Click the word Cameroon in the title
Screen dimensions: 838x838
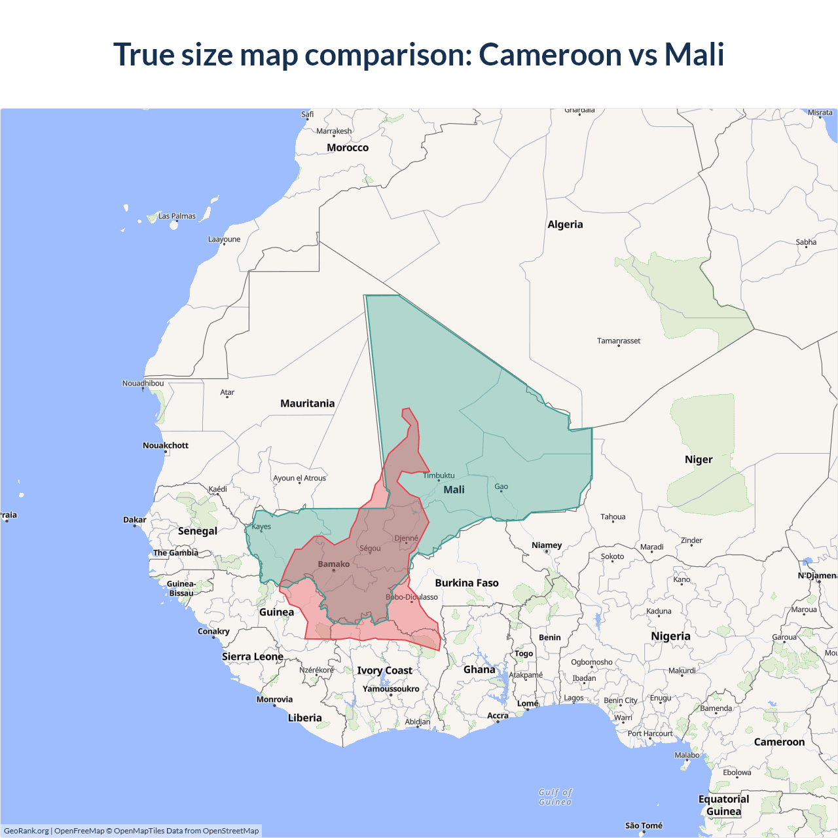[x=550, y=54]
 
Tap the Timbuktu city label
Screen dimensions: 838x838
[x=439, y=475]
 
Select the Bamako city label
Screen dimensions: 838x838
[x=333, y=564]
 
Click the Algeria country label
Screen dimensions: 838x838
[x=565, y=225]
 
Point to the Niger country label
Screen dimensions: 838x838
[x=699, y=460]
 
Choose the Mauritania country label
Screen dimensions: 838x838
[x=307, y=403]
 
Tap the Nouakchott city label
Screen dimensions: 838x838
[x=166, y=445]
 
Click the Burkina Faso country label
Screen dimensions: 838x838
[x=467, y=583]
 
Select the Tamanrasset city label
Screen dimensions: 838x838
[x=619, y=340]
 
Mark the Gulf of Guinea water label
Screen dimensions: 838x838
[x=555, y=797]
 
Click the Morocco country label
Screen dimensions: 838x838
[x=348, y=148]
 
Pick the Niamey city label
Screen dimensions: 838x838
[x=547, y=545]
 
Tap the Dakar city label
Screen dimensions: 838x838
[x=135, y=520]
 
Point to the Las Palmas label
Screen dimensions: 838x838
[x=177, y=216]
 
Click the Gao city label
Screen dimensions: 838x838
[x=501, y=486]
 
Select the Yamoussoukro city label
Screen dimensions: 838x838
[x=391, y=689]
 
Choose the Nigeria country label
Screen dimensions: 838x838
[x=670, y=636]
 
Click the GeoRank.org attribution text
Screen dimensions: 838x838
[x=26, y=831]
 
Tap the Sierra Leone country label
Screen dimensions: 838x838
[x=253, y=657]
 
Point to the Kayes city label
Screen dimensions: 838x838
[x=261, y=526]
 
